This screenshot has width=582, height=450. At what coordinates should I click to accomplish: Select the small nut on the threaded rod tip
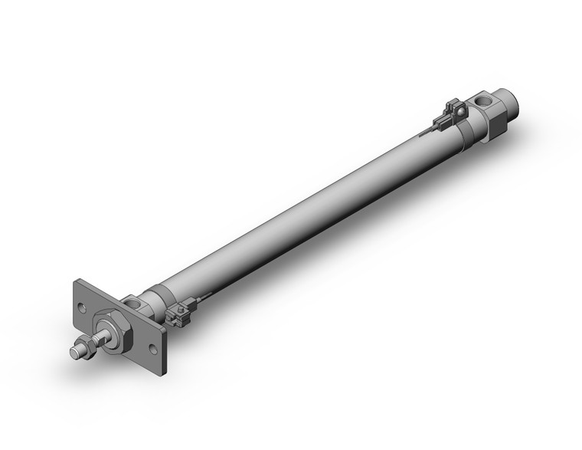pos(86,349)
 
